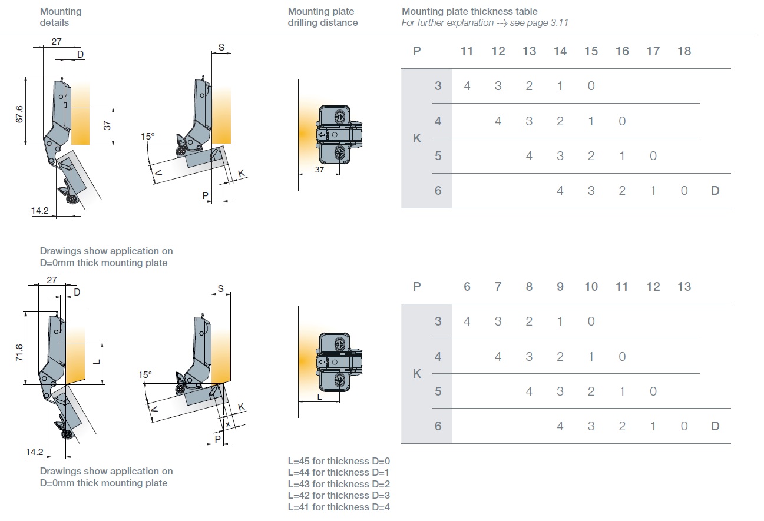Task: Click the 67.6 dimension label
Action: [x=20, y=114]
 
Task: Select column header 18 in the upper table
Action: [x=684, y=51]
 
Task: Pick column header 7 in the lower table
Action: [x=498, y=287]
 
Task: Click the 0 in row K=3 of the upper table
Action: [x=591, y=86]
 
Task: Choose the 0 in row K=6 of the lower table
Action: [x=684, y=426]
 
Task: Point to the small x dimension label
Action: [x=227, y=423]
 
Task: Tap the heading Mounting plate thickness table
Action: [x=469, y=11]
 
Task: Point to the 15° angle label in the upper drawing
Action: [x=147, y=137]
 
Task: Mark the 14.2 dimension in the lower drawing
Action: [x=35, y=452]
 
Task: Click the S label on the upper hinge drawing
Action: [x=221, y=47]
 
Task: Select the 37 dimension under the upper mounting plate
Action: [x=319, y=170]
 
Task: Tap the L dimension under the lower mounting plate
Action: [x=319, y=397]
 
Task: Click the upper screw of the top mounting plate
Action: [x=340, y=117]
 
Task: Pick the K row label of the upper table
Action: [x=417, y=139]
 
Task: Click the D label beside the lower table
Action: [x=715, y=426]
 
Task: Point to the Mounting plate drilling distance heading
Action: [x=322, y=17]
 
